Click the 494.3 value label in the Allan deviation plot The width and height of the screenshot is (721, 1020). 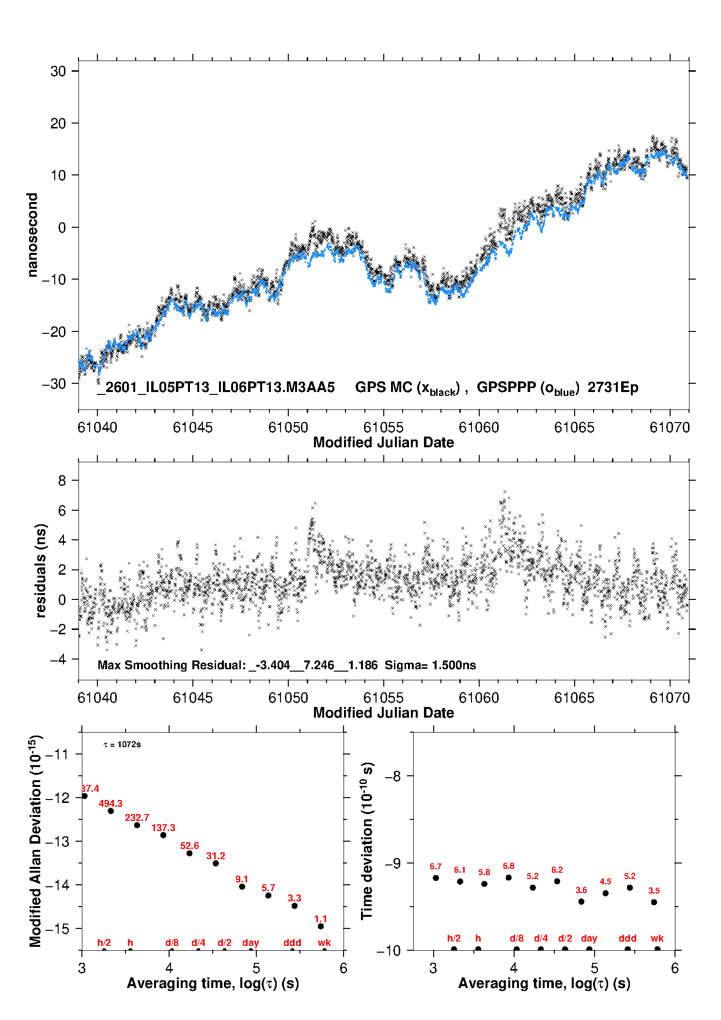pyautogui.click(x=110, y=803)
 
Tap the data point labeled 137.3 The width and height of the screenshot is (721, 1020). pyautogui.click(x=163, y=835)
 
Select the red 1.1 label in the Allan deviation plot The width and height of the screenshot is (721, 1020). pyautogui.click(x=321, y=919)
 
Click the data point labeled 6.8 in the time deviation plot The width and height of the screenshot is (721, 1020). pyautogui.click(x=509, y=878)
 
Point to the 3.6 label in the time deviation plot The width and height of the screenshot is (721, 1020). pyautogui.click(x=581, y=890)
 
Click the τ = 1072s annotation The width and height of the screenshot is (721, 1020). pyautogui.click(x=122, y=744)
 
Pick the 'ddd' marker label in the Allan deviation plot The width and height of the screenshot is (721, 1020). pyautogui.click(x=292, y=942)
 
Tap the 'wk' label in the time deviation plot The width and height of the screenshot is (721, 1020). pyautogui.click(x=657, y=938)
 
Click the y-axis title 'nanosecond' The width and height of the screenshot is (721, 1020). pyautogui.click(x=32, y=235)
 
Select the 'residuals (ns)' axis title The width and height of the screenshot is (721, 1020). pyautogui.click(x=41, y=570)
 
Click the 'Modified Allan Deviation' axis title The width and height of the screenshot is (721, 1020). pyautogui.click(x=35, y=841)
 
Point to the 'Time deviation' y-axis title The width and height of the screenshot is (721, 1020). pyautogui.click(x=367, y=841)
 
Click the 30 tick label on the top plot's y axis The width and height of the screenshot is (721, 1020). pyautogui.click(x=58, y=71)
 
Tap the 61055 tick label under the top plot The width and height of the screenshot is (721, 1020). pyautogui.click(x=383, y=427)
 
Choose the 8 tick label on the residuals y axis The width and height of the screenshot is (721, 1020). pyautogui.click(x=62, y=480)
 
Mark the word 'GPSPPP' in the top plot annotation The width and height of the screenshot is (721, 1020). pyautogui.click(x=506, y=387)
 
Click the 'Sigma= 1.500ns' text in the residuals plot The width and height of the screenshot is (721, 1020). pyautogui.click(x=430, y=665)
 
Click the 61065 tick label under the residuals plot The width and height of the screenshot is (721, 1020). pyautogui.click(x=574, y=698)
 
